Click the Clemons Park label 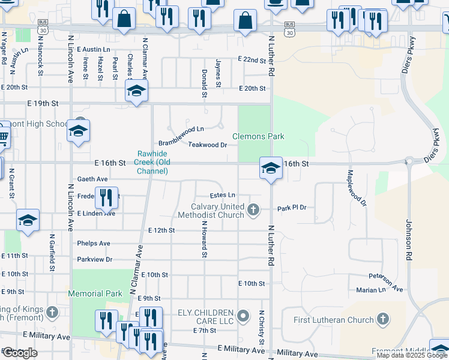(258, 136)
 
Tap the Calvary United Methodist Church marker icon (253, 209)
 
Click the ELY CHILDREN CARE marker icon (243, 315)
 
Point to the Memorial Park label (95, 294)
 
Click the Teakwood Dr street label (207, 145)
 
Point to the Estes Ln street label (222, 196)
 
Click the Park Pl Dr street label (292, 208)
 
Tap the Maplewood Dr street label (357, 188)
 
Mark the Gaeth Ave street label (92, 179)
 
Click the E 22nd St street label (252, 59)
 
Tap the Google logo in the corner (20, 353)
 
